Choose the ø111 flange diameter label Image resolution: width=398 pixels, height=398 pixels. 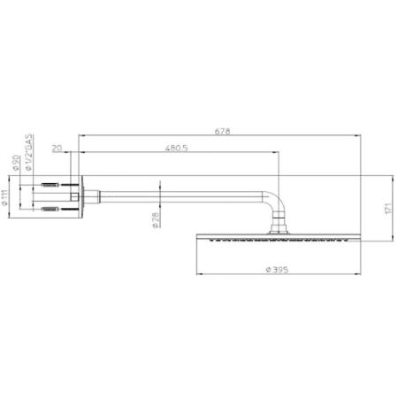pyautogui.click(x=6, y=198)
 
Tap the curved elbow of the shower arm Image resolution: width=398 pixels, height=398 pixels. pyautogui.click(x=279, y=204)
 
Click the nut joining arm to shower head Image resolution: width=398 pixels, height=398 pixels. pyautogui.click(x=282, y=232)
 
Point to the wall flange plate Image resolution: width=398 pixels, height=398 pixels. pyautogui.click(x=82, y=198)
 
